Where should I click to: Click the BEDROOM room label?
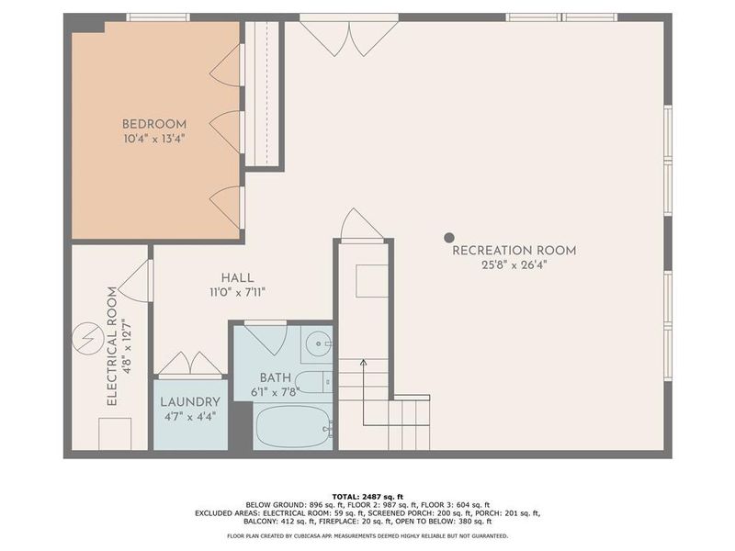(x=154, y=124)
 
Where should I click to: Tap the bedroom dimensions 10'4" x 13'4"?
(x=154, y=141)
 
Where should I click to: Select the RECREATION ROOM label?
(x=514, y=250)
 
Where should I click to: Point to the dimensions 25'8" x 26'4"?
(x=514, y=266)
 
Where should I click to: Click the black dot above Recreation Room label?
(x=449, y=238)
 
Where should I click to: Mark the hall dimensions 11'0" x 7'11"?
(x=237, y=293)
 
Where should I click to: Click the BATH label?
(x=275, y=377)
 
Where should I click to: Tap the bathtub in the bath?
(x=293, y=426)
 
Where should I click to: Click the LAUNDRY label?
(x=190, y=401)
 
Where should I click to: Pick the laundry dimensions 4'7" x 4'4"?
(x=190, y=417)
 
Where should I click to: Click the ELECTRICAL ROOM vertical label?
(x=111, y=346)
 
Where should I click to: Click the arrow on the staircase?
(x=364, y=365)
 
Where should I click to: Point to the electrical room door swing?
(x=136, y=279)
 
